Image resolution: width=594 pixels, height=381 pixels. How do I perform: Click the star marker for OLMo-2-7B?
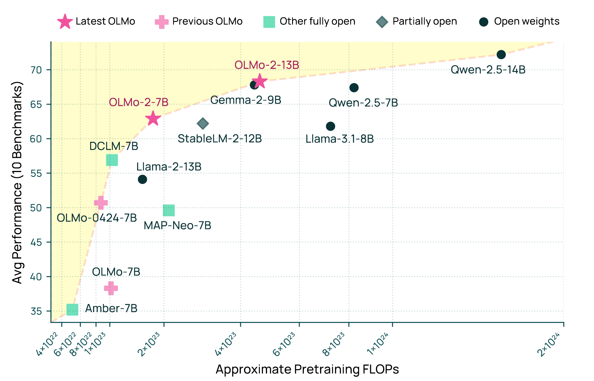click(153, 118)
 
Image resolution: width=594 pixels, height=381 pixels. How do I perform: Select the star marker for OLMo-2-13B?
click(259, 81)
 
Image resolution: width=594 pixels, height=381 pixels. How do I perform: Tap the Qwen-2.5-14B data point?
click(501, 54)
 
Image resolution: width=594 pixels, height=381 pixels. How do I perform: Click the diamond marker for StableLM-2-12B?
click(203, 124)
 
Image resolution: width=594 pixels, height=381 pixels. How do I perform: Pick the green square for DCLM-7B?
click(112, 160)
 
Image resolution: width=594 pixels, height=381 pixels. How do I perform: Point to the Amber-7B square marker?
click(72, 310)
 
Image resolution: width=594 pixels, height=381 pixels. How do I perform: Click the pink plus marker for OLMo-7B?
click(111, 288)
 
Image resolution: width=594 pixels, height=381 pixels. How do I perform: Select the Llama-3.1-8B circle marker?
click(330, 126)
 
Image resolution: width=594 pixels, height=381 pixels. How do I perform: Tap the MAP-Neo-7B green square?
click(169, 210)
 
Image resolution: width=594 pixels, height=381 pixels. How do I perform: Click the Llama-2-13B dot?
click(142, 179)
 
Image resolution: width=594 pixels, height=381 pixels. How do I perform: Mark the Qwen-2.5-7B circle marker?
click(354, 88)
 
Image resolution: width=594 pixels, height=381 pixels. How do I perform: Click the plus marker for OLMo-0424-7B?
click(101, 203)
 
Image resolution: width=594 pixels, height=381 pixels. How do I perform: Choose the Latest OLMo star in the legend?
click(65, 22)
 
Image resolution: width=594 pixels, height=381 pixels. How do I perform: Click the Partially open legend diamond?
click(382, 22)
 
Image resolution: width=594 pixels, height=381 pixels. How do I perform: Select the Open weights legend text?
click(527, 22)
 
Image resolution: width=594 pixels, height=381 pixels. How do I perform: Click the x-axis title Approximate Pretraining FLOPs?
click(307, 369)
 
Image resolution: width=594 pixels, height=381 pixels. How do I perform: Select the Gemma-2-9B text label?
click(245, 100)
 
